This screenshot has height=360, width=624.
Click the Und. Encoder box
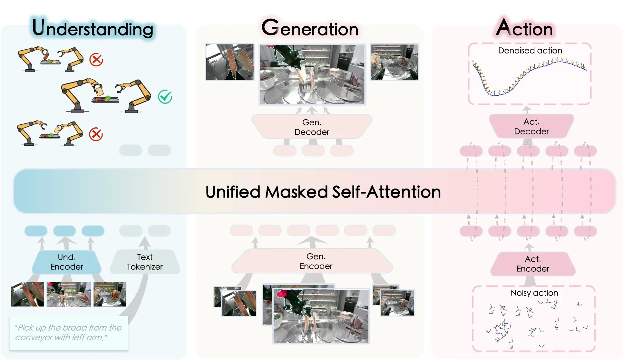pyautogui.click(x=67, y=262)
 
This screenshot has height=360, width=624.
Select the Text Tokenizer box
pyautogui.click(x=145, y=262)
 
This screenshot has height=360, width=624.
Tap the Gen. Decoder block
pyautogui.click(x=312, y=127)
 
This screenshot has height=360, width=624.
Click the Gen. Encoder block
pyautogui.click(x=312, y=261)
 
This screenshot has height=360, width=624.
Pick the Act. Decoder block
pyautogui.click(x=531, y=126)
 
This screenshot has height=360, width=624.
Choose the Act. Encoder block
pyautogui.click(x=533, y=264)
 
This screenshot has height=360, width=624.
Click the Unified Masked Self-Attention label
pyautogui.click(x=323, y=192)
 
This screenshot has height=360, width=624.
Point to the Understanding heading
pyautogui.click(x=93, y=28)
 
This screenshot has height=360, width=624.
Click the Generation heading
pyautogui.click(x=310, y=28)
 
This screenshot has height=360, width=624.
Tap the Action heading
pyautogui.click(x=524, y=28)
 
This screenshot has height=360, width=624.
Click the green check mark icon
pyautogui.click(x=165, y=97)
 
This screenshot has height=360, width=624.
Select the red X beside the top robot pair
pyautogui.click(x=96, y=60)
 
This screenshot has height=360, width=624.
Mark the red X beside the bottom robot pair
pyautogui.click(x=96, y=134)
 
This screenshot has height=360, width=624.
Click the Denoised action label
pyautogui.click(x=530, y=51)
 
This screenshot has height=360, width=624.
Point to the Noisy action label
pyautogui.click(x=534, y=293)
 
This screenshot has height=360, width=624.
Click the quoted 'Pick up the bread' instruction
pyautogui.click(x=68, y=333)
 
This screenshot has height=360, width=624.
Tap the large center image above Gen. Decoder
pyautogui.click(x=312, y=74)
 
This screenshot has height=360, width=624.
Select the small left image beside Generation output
pyautogui.click(x=230, y=62)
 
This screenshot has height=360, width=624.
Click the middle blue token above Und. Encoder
pyautogui.click(x=64, y=231)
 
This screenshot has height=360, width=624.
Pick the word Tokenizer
pyautogui.click(x=145, y=267)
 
